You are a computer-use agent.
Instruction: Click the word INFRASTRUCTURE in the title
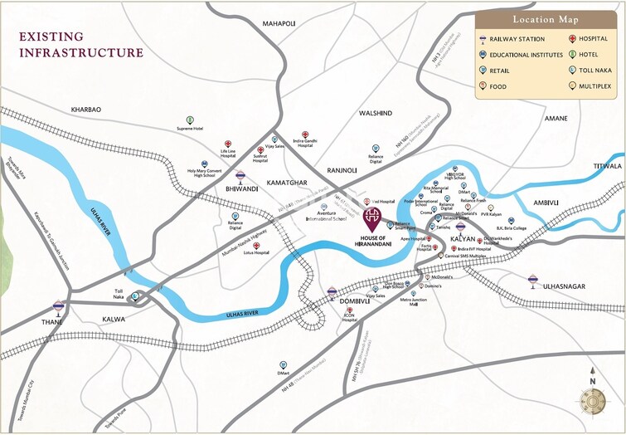[80, 52]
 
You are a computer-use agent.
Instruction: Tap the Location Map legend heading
[546, 19]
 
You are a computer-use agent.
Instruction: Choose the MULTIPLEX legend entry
[598, 85]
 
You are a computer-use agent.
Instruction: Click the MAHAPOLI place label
[279, 23]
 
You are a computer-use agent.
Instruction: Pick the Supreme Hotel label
[190, 129]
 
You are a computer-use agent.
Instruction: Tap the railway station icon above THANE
[58, 305]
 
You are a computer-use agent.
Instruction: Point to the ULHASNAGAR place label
[563, 286]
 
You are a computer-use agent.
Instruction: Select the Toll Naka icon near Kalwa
[134, 295]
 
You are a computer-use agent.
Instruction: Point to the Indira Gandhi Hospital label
[305, 143]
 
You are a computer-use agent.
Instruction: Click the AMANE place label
[556, 119]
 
